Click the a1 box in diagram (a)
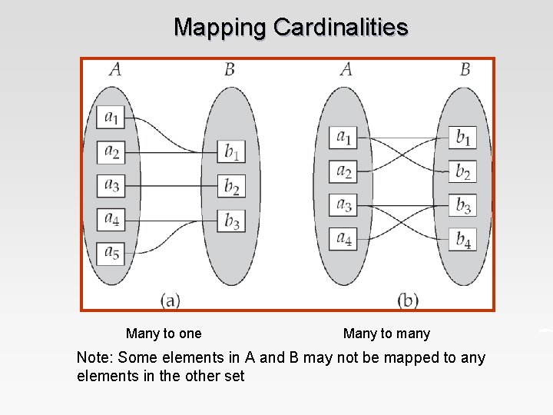pyautogui.click(x=112, y=118)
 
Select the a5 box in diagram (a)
pyautogui.click(x=112, y=253)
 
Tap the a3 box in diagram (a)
pyautogui.click(x=112, y=185)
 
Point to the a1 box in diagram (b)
pyautogui.click(x=344, y=138)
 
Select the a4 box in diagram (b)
pyautogui.click(x=344, y=238)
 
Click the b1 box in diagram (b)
pyautogui.click(x=463, y=138)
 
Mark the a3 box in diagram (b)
pyautogui.click(x=344, y=204)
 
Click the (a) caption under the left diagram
pyautogui.click(x=171, y=299)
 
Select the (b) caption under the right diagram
pyautogui.click(x=408, y=299)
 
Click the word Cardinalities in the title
pyautogui.click(x=340, y=28)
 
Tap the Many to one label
pyautogui.click(x=164, y=334)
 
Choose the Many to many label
pyautogui.click(x=386, y=334)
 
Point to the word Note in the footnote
pyautogui.click(x=94, y=357)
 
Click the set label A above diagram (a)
pyautogui.click(x=114, y=70)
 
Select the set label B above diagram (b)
pyautogui.click(x=465, y=70)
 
